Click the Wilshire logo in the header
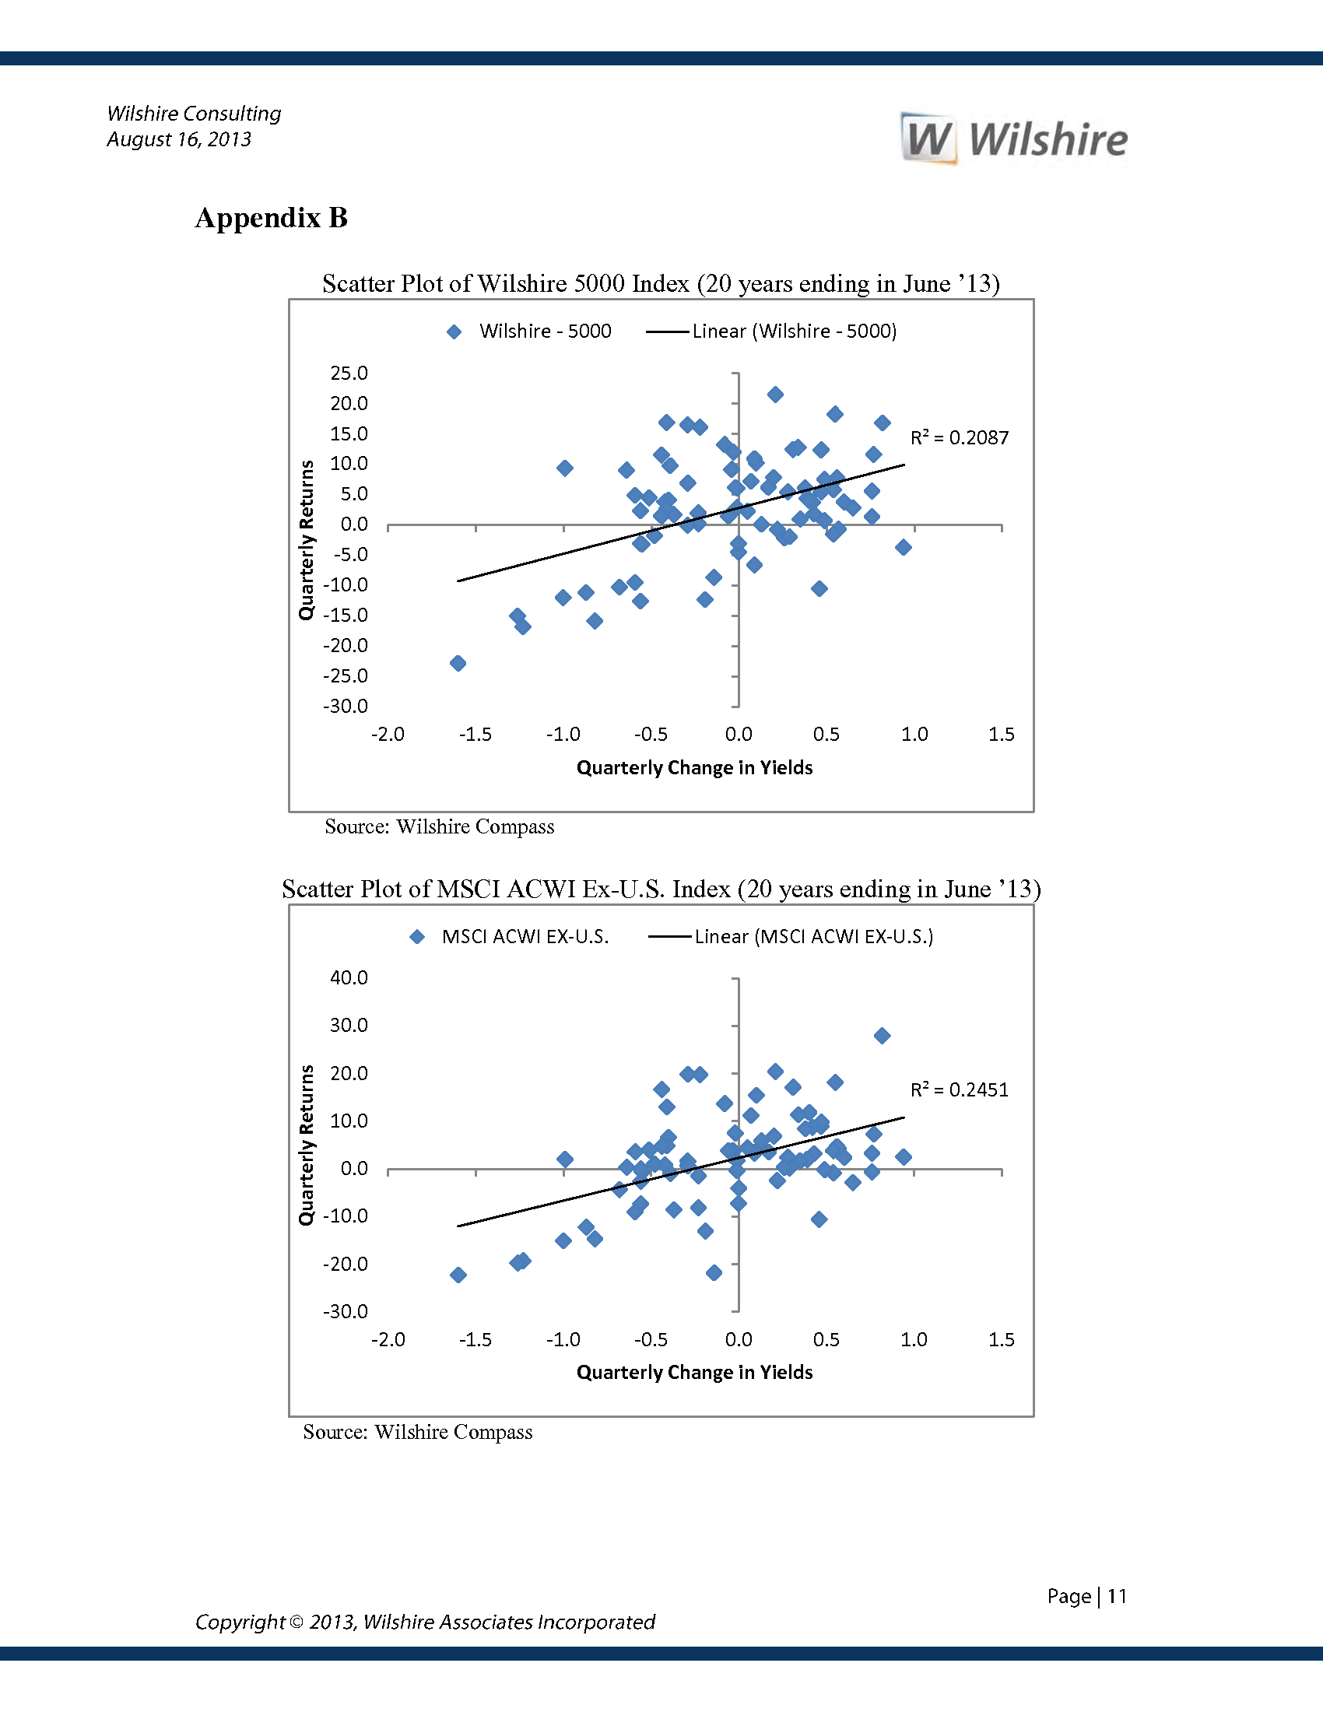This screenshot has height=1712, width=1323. (x=1014, y=139)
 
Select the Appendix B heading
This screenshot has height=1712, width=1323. (x=271, y=218)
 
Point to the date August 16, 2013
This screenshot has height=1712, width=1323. (x=179, y=139)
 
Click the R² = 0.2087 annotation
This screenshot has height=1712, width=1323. (x=960, y=437)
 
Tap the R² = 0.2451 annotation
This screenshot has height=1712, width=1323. (x=960, y=1089)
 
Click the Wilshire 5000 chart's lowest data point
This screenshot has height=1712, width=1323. (x=458, y=663)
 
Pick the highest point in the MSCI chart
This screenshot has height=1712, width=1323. (x=882, y=1036)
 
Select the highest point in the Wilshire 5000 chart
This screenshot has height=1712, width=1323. (x=775, y=395)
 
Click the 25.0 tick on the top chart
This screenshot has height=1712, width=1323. (x=349, y=373)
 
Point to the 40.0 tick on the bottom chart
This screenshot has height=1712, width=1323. (x=349, y=977)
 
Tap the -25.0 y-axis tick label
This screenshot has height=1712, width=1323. (x=346, y=675)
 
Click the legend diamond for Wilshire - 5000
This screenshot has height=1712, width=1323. (x=454, y=332)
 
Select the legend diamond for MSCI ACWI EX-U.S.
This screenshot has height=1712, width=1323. (x=417, y=937)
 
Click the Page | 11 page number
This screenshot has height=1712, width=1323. (x=1086, y=1596)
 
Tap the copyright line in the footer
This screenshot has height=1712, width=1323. (x=425, y=1622)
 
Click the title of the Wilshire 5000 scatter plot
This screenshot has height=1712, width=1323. (x=661, y=283)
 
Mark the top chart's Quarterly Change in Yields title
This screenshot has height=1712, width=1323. (x=694, y=767)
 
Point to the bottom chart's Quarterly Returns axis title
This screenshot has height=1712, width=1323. (x=306, y=1145)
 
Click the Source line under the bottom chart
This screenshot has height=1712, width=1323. (x=418, y=1431)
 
